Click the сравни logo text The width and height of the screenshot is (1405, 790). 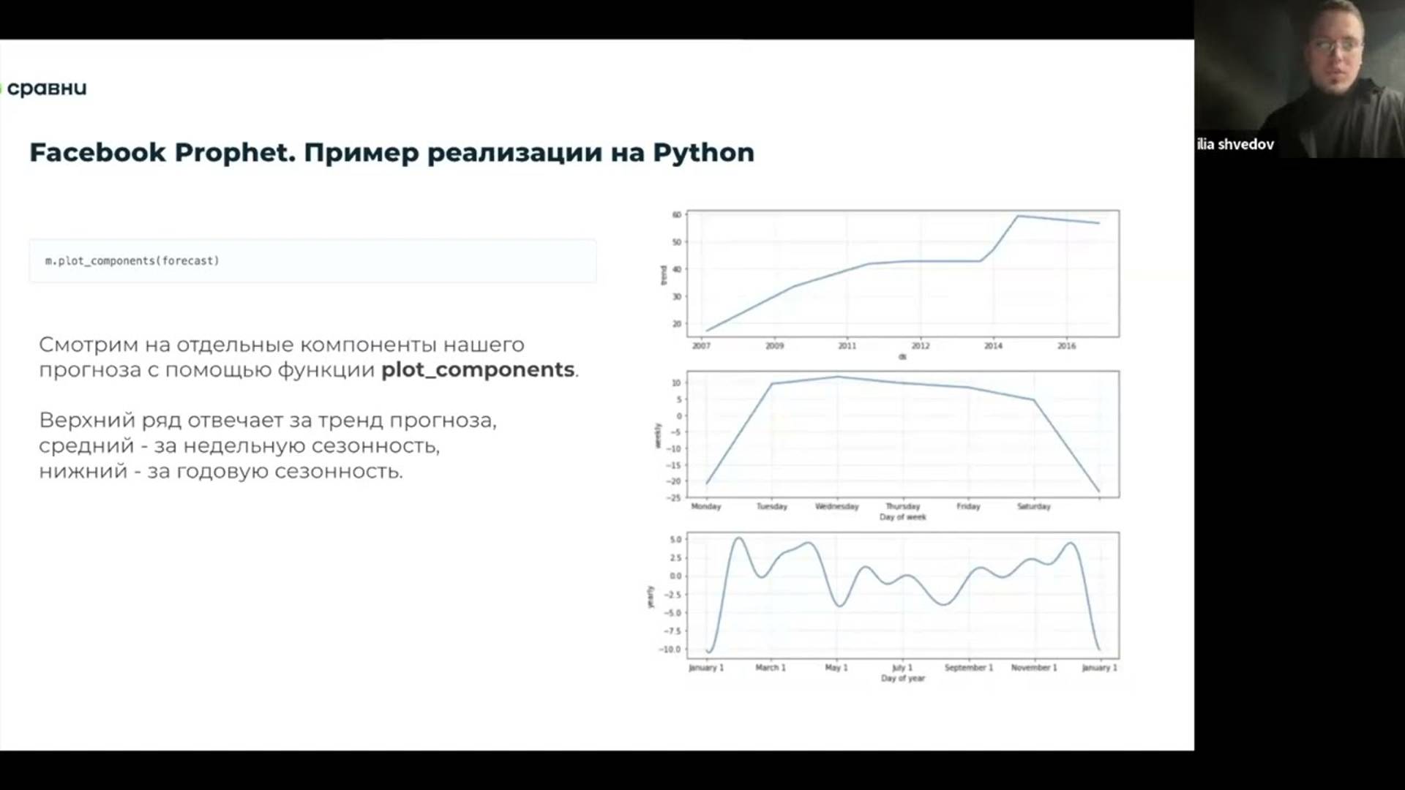(47, 89)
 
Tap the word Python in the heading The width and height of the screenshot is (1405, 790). (702, 152)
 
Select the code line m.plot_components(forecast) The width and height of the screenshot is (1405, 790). (132, 260)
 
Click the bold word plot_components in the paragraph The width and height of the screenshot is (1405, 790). (477, 369)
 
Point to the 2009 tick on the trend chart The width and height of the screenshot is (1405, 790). (774, 346)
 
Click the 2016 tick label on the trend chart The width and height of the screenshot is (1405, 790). (1066, 346)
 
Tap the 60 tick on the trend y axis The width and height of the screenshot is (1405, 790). (676, 215)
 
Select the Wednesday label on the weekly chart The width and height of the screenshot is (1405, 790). (836, 506)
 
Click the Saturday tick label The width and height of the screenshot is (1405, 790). (1033, 506)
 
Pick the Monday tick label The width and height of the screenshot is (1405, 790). (706, 506)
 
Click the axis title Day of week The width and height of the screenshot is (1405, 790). (902, 517)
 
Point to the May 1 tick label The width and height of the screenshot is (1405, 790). (836, 668)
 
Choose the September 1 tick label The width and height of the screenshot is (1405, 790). (968, 668)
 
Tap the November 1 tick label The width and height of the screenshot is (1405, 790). (1033, 668)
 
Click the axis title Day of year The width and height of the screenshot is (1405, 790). (902, 679)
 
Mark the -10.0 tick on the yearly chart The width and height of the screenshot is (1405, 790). (670, 650)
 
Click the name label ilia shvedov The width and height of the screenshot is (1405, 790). (1235, 144)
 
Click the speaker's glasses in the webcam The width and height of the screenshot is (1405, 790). (1338, 45)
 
